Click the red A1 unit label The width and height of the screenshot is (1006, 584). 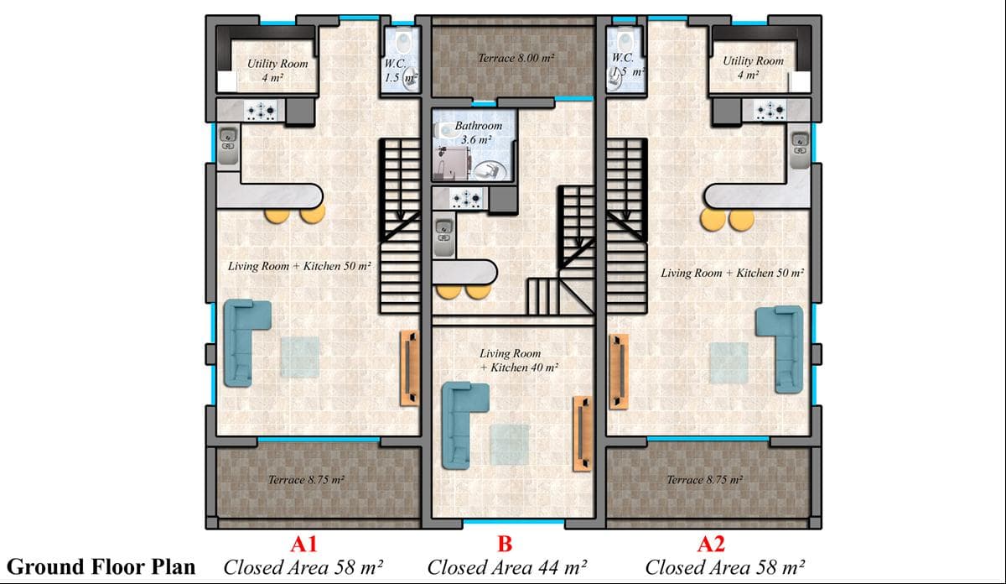(x=304, y=544)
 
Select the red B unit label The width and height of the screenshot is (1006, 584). (x=505, y=544)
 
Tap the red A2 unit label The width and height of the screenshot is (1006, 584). (x=712, y=544)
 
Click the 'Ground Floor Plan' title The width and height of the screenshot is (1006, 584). (x=101, y=566)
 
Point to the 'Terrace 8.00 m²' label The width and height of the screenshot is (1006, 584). (x=516, y=59)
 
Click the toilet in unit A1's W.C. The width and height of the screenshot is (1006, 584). (x=403, y=41)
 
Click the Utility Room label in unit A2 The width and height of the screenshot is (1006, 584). (x=753, y=67)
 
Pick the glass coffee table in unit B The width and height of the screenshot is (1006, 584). (x=509, y=444)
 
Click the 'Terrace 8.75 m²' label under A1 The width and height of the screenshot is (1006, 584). (x=306, y=480)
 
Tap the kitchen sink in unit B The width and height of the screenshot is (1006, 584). (x=443, y=232)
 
